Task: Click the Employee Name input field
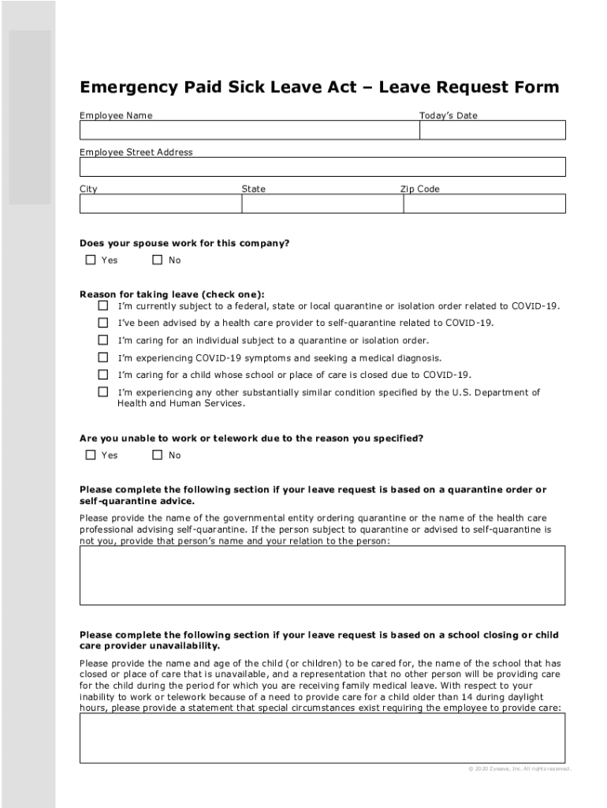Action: [249, 130]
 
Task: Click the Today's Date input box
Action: [492, 130]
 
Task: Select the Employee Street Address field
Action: [322, 166]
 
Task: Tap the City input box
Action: [160, 204]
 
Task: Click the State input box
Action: [322, 204]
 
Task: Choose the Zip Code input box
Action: [484, 204]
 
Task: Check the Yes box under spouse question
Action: [91, 260]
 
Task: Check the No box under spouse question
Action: [158, 260]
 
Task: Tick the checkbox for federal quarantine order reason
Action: [103, 305]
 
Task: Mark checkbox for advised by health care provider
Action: [103, 323]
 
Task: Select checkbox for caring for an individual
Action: [103, 340]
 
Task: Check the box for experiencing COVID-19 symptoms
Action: [103, 357]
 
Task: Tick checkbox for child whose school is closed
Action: [103, 375]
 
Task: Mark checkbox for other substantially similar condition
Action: [103, 392]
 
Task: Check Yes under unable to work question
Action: [91, 454]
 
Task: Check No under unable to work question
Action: [158, 454]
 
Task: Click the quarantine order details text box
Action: [322, 575]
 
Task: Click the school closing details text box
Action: [322, 738]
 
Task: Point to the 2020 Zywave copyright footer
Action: [518, 769]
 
